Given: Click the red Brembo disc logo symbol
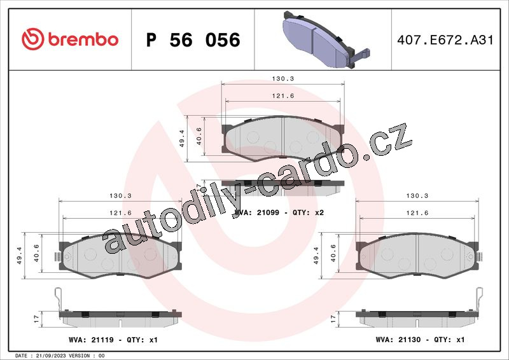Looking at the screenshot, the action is tap(33, 39).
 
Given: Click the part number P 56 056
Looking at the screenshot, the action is tap(193, 40).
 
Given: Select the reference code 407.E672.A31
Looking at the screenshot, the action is tap(445, 40).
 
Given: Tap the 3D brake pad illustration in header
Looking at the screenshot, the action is tap(326, 39).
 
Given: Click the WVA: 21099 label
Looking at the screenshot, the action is tap(256, 212).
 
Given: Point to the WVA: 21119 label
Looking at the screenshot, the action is tap(91, 340).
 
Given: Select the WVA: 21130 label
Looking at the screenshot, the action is tap(398, 340).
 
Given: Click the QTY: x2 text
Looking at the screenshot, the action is tap(308, 212).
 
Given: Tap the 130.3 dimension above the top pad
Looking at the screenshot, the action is tap(282, 79).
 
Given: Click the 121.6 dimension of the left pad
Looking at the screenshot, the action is tap(120, 213).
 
